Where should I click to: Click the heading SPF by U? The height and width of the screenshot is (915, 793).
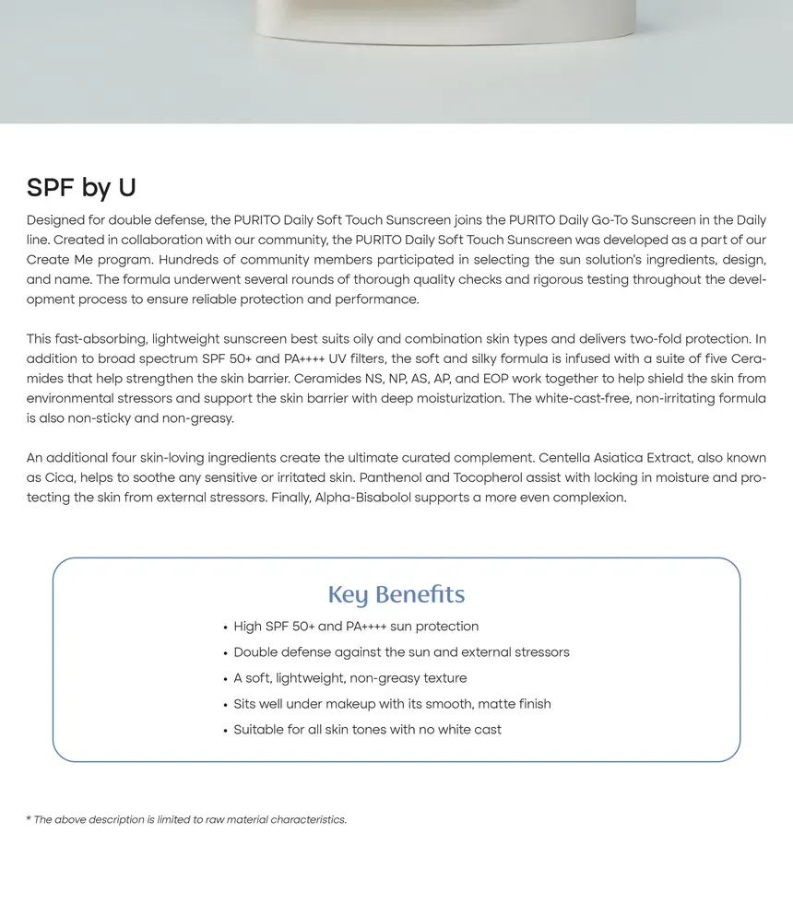[81, 188]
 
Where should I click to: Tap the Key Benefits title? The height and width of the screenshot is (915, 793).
[396, 594]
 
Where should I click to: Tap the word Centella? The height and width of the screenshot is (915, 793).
[567, 458]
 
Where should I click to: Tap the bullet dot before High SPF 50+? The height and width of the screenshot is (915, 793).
[225, 628]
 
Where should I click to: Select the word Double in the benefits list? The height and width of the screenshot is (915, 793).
[256, 652]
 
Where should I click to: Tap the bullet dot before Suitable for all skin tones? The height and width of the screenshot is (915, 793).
[225, 731]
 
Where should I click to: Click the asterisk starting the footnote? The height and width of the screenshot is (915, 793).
[29, 819]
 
